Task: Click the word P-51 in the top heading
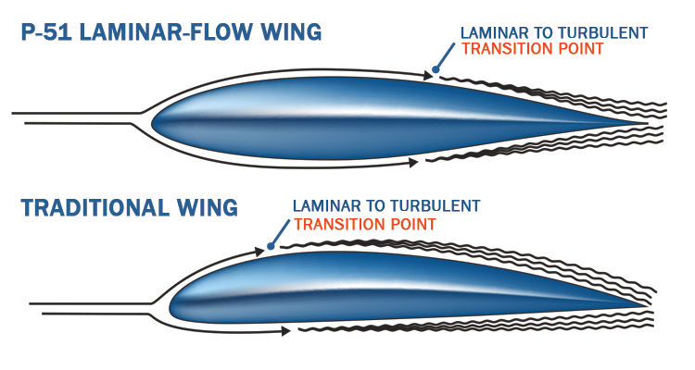click(x=46, y=34)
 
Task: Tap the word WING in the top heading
click(x=286, y=34)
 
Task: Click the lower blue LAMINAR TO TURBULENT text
click(x=387, y=205)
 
